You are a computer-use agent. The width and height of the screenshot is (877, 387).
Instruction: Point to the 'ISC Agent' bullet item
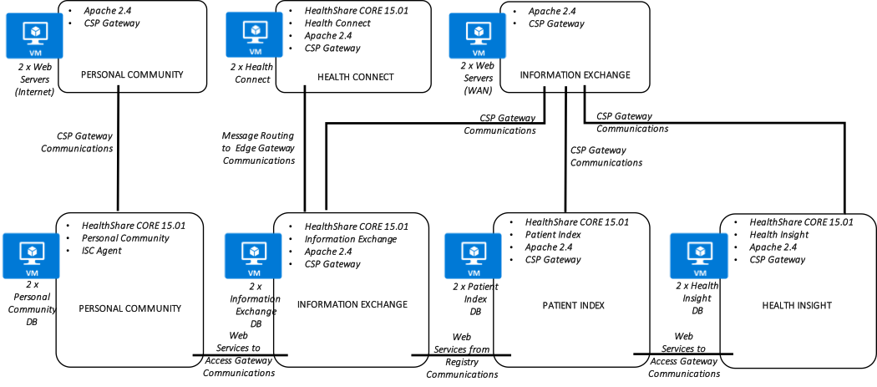tap(102, 251)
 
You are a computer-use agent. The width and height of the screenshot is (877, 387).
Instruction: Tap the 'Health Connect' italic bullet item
tap(337, 23)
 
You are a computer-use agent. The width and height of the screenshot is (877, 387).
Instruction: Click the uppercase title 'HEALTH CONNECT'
tap(356, 77)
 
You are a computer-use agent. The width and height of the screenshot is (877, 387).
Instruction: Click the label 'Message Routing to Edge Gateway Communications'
tap(258, 148)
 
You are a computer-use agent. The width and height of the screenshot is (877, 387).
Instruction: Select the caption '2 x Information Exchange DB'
tap(255, 305)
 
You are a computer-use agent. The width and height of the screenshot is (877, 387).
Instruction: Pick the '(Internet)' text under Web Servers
tap(35, 91)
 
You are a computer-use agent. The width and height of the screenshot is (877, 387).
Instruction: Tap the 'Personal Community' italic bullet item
tap(125, 238)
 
